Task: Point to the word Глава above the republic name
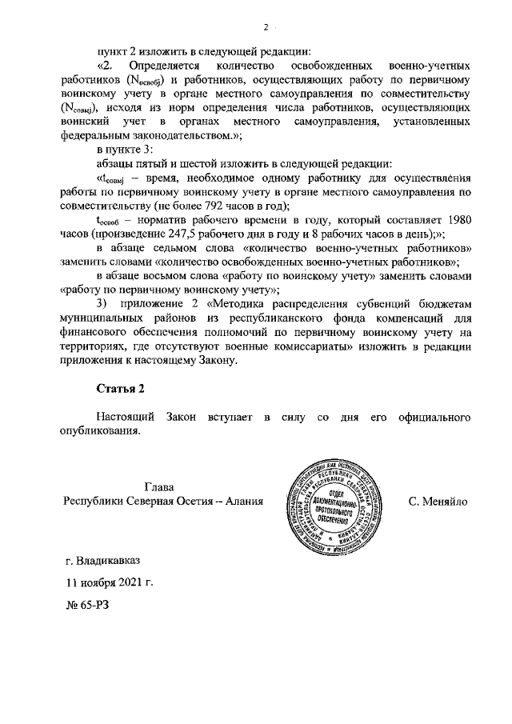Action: pyautogui.click(x=160, y=487)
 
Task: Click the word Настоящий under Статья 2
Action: pyautogui.click(x=124, y=418)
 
